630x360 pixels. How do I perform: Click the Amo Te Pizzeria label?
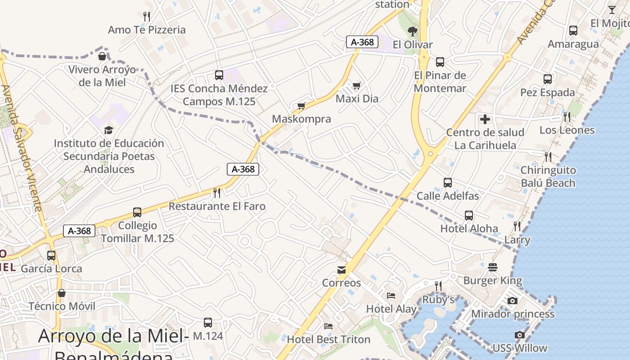[147, 30]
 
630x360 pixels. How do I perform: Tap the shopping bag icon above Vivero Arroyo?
[102, 56]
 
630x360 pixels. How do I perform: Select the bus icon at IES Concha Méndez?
[219, 75]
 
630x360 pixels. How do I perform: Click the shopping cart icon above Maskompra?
[301, 106]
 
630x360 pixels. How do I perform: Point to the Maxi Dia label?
[357, 99]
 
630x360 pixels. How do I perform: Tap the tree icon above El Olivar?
[412, 31]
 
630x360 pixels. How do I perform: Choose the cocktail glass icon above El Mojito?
[612, 9]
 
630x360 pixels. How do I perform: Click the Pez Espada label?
[548, 92]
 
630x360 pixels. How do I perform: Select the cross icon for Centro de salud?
[485, 119]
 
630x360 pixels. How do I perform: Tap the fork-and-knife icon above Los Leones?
[567, 117]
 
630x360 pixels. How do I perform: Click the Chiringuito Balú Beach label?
[548, 176]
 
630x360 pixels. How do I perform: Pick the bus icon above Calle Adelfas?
[448, 183]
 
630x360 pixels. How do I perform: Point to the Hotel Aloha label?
[469, 228]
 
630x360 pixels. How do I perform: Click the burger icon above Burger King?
[493, 267]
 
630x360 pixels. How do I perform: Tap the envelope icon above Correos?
[342, 270]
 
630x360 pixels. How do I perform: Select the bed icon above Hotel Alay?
[391, 296]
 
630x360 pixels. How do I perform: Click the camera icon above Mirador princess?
[513, 301]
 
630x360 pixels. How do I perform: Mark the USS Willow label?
[520, 348]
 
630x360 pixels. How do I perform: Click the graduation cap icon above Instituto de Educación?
[108, 130]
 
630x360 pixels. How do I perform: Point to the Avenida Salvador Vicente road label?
[22, 148]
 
